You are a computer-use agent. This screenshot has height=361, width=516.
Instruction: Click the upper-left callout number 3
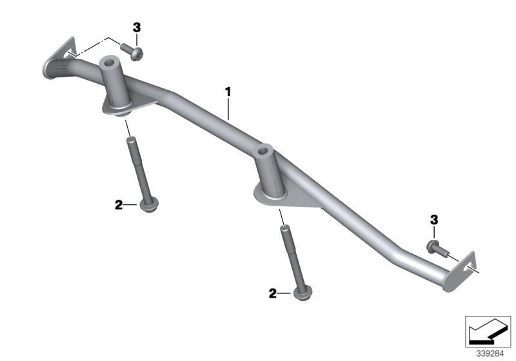pyautogui.click(x=136, y=27)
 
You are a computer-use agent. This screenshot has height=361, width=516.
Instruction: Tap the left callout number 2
pyautogui.click(x=118, y=205)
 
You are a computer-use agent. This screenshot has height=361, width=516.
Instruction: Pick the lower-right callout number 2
pyautogui.click(x=273, y=294)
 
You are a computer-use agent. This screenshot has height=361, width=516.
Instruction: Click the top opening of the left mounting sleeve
pyautogui.click(x=112, y=63)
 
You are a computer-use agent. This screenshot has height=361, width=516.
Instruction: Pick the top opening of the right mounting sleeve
pyautogui.click(x=266, y=151)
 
